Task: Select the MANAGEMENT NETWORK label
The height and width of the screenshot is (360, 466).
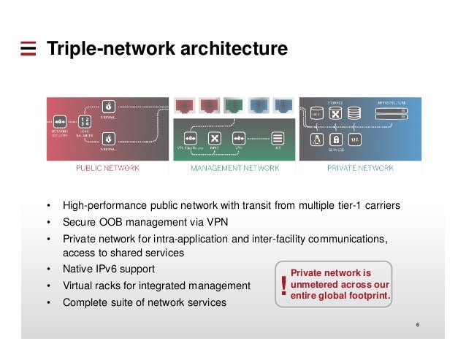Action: pos(234,168)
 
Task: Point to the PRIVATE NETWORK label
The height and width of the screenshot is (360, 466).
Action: pos(361,168)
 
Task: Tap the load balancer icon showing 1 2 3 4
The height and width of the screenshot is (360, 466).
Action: pos(85,120)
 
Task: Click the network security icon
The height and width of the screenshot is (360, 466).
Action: pos(60,120)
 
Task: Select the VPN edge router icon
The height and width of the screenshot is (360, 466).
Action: pos(191,137)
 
